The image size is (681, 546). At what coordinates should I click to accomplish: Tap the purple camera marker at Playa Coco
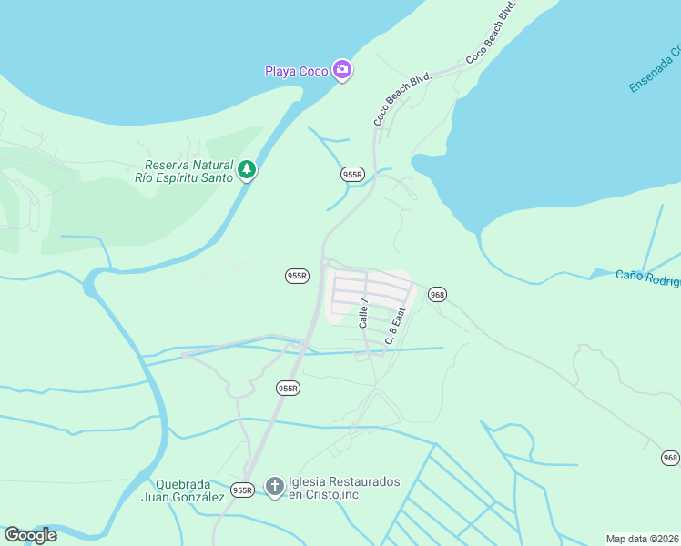pos(342,70)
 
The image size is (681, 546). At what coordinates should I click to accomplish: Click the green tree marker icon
pos(246,170)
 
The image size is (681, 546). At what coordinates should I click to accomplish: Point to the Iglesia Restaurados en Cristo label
pos(344,487)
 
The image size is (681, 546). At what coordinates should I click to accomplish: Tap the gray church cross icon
pos(275,487)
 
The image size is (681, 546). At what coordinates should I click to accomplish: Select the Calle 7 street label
pos(364,313)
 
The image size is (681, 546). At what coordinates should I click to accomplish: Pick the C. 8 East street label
pos(394,326)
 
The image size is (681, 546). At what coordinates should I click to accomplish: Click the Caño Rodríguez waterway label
pos(648,277)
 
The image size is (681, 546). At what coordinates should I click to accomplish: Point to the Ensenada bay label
pos(654,69)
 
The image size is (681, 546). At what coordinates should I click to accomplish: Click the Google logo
pos(30,535)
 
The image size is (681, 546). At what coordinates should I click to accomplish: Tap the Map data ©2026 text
pos(642,539)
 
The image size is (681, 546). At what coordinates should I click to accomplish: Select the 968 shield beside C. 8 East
pos(438,294)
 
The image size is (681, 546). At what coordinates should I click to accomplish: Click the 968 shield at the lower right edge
pos(671,458)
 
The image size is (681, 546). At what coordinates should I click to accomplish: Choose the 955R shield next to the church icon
pos(242,490)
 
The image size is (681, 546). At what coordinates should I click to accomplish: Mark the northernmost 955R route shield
pos(352,174)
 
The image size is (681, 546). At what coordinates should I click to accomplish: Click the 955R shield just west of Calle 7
pos(298,275)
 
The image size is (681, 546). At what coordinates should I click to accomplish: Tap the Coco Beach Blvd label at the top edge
pos(492,32)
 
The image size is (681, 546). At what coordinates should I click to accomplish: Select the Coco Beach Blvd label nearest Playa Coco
pos(401,99)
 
